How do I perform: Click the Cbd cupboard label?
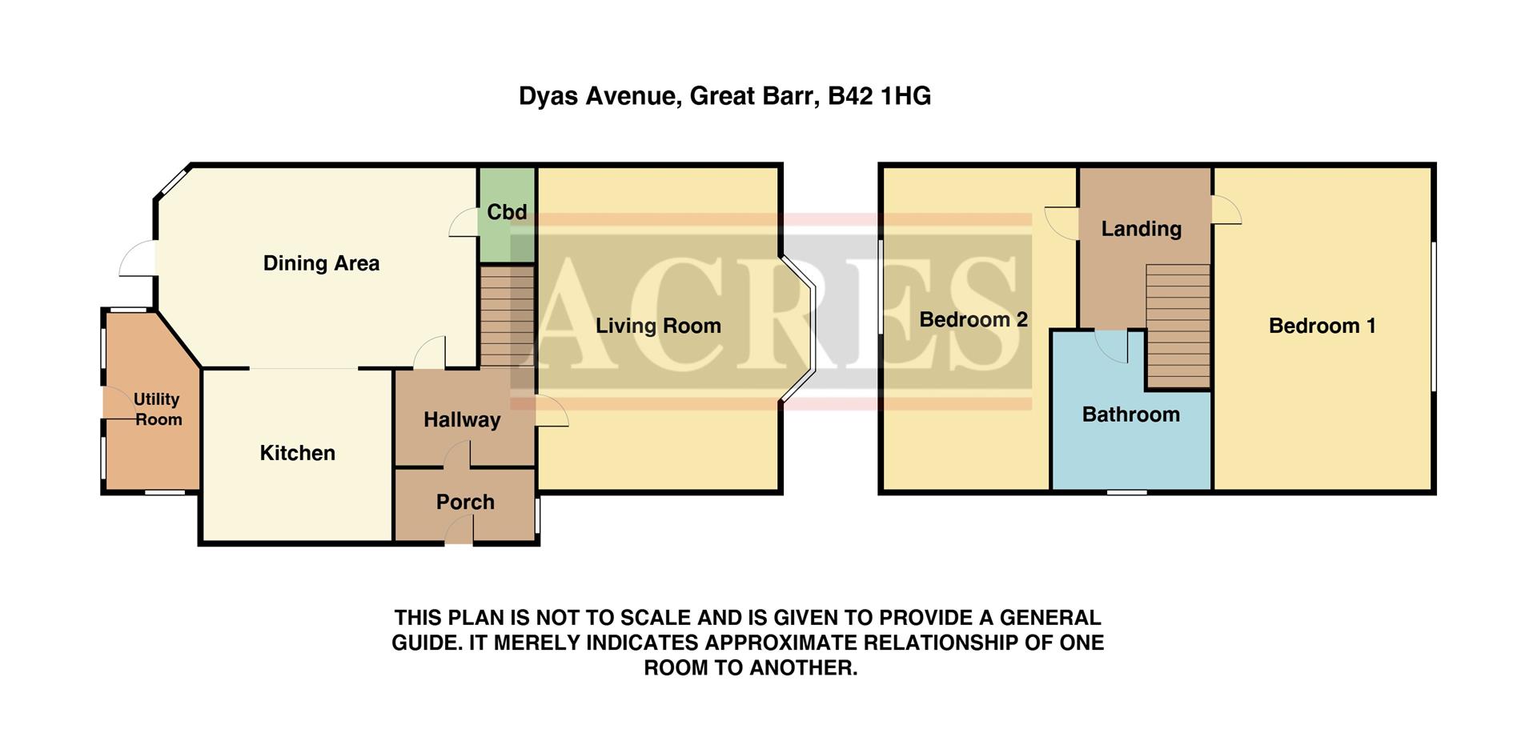507,212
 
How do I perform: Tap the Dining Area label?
321,263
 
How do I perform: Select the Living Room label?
658,326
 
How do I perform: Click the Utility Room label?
157,409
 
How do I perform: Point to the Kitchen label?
297,453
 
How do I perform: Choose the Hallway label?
462,419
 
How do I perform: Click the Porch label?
465,502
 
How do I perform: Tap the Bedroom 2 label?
973,319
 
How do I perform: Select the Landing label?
1141,229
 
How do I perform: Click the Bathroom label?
1130,415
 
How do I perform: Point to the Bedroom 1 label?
1322,326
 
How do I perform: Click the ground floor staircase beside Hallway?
506,315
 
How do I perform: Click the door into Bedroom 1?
1225,211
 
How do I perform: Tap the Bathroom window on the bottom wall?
1126,491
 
